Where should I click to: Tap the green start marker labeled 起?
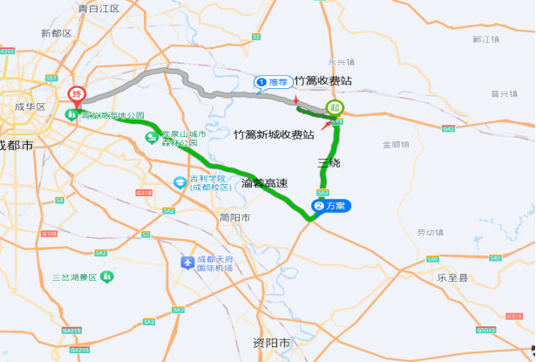pyautogui.click(x=334, y=107)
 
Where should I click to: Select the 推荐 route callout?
pyautogui.click(x=274, y=82)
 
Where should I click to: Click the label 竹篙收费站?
pyautogui.click(x=323, y=80)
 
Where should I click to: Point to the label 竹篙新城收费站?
pyautogui.click(x=274, y=135)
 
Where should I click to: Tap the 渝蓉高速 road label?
pyautogui.click(x=264, y=183)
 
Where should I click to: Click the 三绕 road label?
pyautogui.click(x=329, y=163)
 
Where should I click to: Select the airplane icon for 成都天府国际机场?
pyautogui.click(x=186, y=263)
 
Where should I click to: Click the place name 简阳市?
pyautogui.click(x=235, y=217)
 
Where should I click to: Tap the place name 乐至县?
pyautogui.click(x=452, y=277)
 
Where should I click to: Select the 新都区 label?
pyautogui.click(x=56, y=33)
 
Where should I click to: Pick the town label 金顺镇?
pyautogui.click(x=396, y=144)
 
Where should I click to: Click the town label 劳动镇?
pyautogui.click(x=430, y=233)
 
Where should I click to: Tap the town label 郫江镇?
pyautogui.click(x=485, y=39)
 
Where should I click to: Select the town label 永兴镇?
pyautogui.click(x=342, y=63)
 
